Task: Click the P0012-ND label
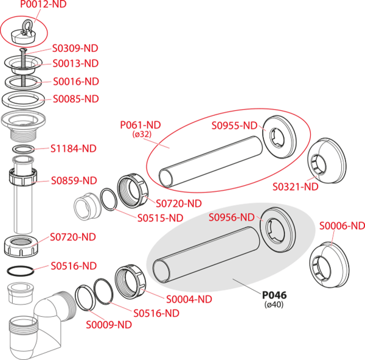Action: (x=43, y=5)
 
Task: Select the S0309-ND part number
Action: (x=75, y=48)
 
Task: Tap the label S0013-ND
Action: (x=75, y=63)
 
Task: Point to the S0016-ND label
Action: (x=75, y=82)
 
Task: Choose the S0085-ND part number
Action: (x=75, y=99)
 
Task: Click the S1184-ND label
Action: (x=73, y=149)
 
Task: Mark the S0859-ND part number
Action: (x=74, y=180)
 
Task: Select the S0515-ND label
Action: (x=159, y=217)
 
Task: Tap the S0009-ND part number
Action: (x=108, y=325)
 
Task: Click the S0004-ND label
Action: (x=189, y=299)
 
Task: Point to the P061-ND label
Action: (x=141, y=125)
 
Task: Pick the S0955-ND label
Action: (x=234, y=127)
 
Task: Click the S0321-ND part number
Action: (x=295, y=187)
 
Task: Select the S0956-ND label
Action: (x=231, y=217)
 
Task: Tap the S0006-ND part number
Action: (x=342, y=226)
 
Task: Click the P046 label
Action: (x=274, y=295)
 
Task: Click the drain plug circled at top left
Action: (x=28, y=30)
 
